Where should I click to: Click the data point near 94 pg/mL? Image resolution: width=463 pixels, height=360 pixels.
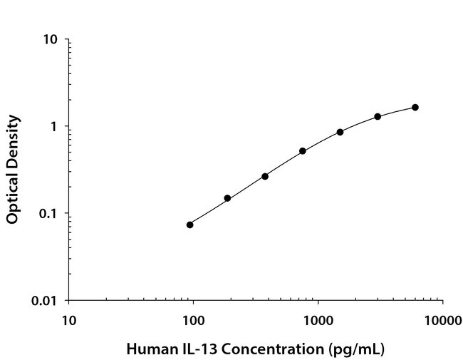(x=189, y=225)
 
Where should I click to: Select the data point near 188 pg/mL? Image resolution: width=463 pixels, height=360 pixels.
(x=227, y=198)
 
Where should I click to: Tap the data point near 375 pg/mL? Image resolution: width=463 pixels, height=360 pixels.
(x=265, y=176)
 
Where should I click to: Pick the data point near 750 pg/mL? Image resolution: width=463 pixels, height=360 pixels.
(x=303, y=151)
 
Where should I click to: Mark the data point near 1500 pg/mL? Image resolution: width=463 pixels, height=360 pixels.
(x=340, y=132)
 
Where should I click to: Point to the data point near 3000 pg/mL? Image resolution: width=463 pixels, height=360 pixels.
(x=378, y=116)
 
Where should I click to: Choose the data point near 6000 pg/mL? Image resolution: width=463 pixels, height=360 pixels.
(x=415, y=107)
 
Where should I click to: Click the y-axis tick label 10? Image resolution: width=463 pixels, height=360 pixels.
(x=51, y=39)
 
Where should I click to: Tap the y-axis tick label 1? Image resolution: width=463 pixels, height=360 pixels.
(x=54, y=126)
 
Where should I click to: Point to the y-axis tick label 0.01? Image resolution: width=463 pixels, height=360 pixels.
(x=46, y=300)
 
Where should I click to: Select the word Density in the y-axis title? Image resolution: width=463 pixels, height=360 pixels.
(x=12, y=138)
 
